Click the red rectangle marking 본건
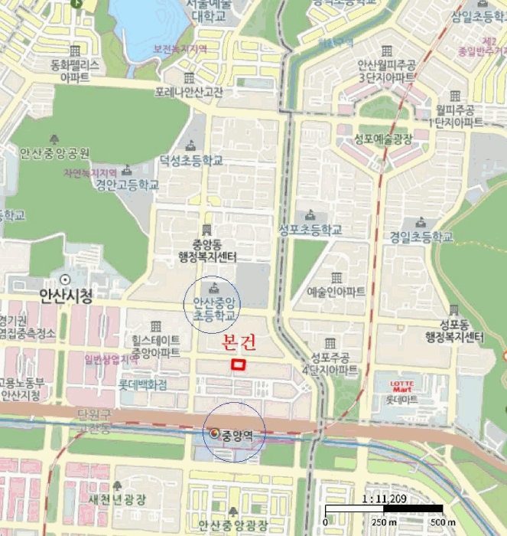click(239, 365)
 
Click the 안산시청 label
click(66, 296)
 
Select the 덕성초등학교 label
click(191, 161)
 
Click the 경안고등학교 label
click(127, 185)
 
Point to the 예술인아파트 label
click(336, 292)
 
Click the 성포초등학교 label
click(310, 229)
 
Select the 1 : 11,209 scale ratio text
click(382, 498)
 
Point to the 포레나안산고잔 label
click(188, 93)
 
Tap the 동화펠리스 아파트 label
click(75, 70)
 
